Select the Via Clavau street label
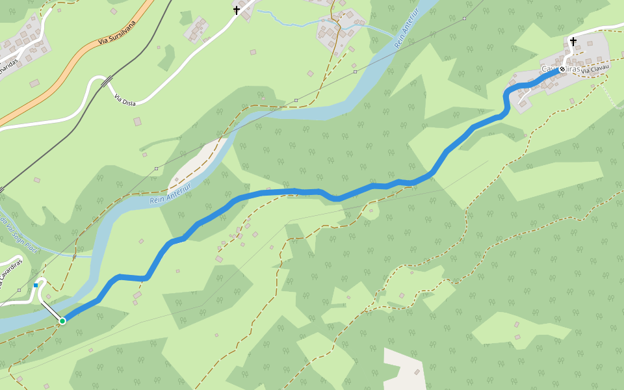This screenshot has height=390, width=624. tap(595, 70)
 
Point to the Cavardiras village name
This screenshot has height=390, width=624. tap(560, 69)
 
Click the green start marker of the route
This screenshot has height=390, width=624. tap(62, 320)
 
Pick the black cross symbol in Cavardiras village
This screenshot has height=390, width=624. tap(573, 42)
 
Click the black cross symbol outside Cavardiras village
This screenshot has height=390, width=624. tap(237, 10)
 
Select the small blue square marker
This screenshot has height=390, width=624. tap(36, 285)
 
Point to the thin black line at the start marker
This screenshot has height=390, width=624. tap(51, 310)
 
